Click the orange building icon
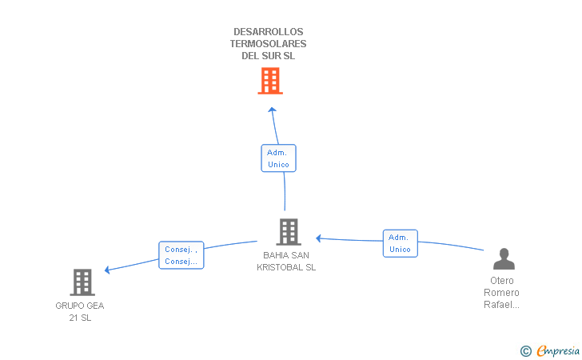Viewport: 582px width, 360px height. point(270,81)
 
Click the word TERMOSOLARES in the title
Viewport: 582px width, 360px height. point(268,44)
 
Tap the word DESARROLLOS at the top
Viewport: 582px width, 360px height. point(268,32)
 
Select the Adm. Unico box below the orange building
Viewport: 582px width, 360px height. point(278,158)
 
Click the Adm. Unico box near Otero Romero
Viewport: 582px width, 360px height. point(400,243)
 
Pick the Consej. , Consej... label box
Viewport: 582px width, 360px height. point(181,255)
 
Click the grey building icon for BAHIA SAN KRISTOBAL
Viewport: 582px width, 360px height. point(288,232)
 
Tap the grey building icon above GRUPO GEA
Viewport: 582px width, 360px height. point(82,282)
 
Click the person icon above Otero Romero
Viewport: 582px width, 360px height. point(504,259)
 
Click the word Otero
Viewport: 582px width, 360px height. point(502,281)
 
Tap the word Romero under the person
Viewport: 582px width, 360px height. point(501,293)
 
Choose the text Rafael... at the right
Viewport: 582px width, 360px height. point(501,305)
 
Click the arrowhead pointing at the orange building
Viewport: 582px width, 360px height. point(272,110)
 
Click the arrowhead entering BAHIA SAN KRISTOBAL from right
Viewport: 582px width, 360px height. point(319,238)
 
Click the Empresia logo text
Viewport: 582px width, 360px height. point(558,350)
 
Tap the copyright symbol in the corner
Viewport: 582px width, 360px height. point(526,350)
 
